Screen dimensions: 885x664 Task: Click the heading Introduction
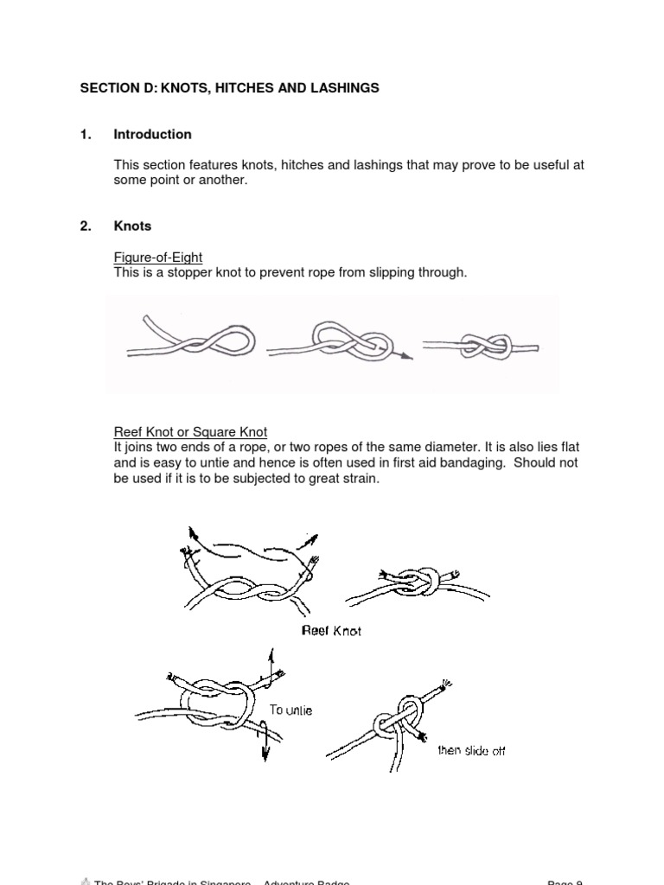tap(152, 134)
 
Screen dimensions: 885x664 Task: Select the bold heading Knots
tap(132, 226)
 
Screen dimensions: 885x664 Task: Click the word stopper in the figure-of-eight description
tap(185, 272)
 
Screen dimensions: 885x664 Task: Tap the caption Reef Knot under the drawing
tap(331, 631)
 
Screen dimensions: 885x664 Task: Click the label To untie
tap(290, 710)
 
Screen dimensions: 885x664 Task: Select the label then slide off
tap(471, 750)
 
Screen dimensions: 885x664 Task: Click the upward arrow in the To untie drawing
tap(272, 658)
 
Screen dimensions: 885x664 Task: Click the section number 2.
tap(85, 226)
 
